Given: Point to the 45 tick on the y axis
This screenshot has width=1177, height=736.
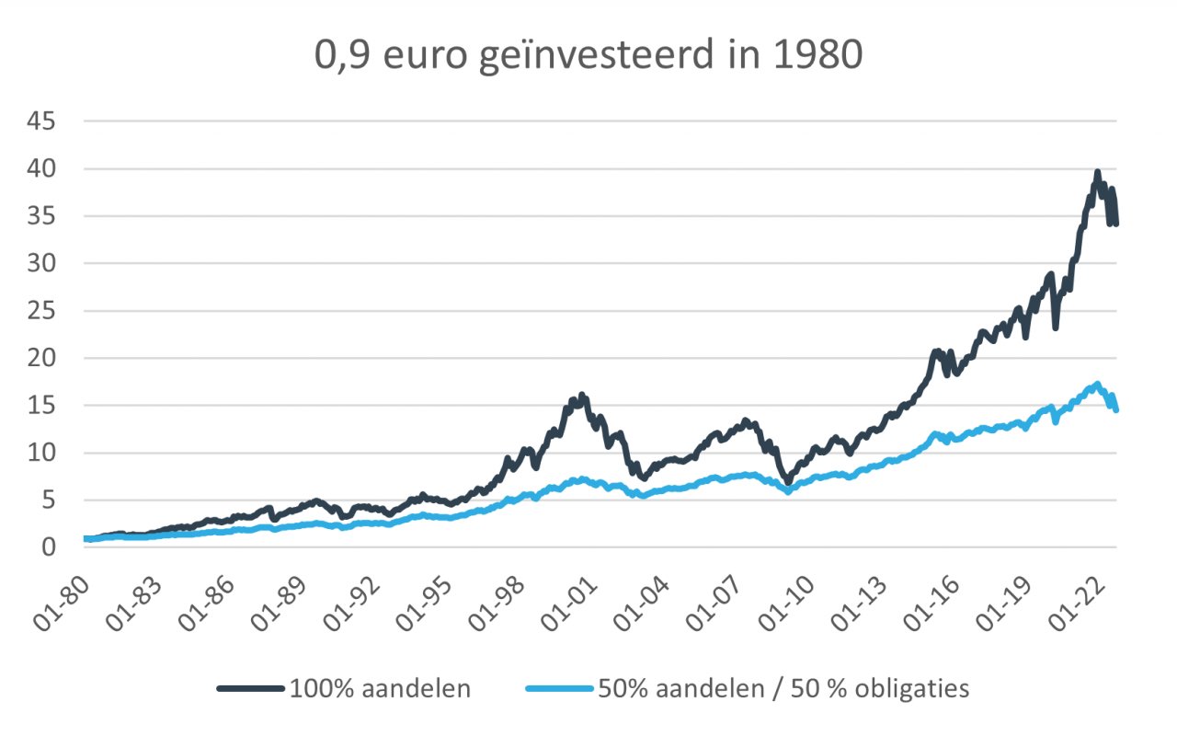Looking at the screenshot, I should click(43, 121).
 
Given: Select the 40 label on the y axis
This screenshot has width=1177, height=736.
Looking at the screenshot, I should click(43, 169).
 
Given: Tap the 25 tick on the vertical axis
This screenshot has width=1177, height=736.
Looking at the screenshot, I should click(43, 311).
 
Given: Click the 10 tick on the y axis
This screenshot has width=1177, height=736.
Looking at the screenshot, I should click(43, 453).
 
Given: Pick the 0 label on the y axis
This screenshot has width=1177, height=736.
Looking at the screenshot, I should click(50, 547).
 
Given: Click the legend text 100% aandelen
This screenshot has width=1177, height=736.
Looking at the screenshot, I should click(380, 688).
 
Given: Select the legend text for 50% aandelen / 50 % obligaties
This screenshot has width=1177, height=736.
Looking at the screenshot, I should click(783, 688).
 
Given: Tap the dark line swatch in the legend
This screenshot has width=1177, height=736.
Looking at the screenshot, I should click(250, 688).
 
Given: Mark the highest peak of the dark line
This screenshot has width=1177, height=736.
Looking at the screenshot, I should click(1097, 173).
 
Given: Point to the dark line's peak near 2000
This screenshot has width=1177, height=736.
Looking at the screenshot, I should click(581, 397).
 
